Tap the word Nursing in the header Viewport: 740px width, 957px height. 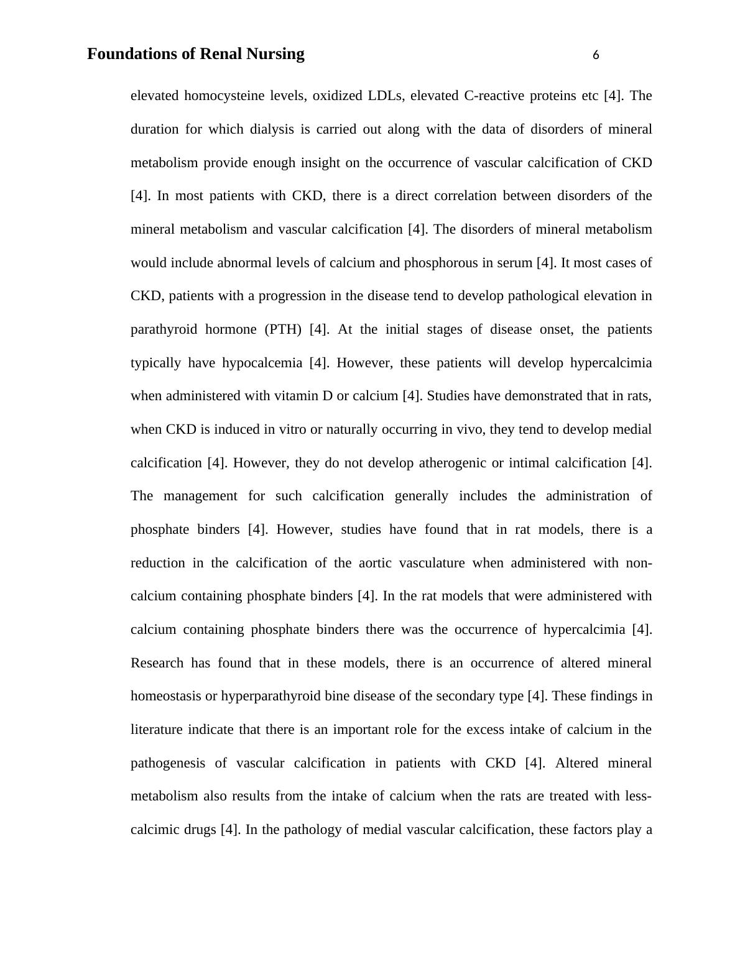coord(275,54)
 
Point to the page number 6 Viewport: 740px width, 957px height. coord(596,55)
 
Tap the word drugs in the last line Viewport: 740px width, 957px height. coord(200,830)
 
